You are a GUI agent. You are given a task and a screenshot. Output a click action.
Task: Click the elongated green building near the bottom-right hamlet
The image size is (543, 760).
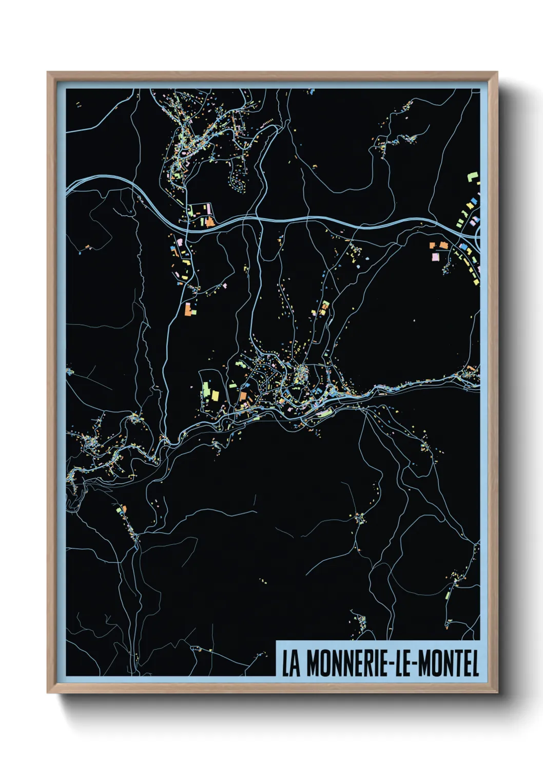click(x=448, y=595)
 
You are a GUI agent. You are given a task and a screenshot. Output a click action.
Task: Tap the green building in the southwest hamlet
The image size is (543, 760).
click(x=120, y=509)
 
